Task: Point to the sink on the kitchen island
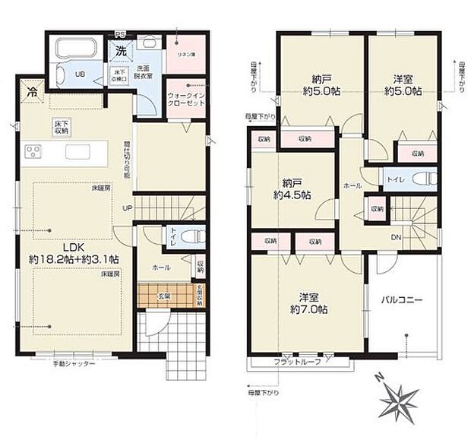click(79, 152)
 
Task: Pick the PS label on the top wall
click(119, 33)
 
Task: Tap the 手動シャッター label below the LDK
click(74, 364)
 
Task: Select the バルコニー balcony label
click(401, 299)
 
